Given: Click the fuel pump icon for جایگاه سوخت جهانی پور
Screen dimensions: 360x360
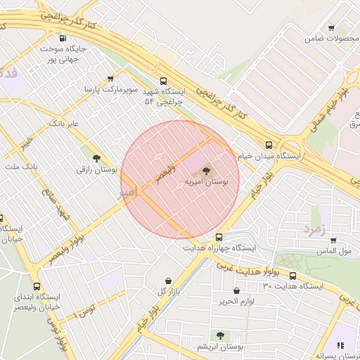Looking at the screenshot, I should click(63, 38).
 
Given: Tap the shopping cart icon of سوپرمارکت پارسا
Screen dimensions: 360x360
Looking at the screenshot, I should click(110, 78).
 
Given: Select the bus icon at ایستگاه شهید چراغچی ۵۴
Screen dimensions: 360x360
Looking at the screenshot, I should click(164, 81).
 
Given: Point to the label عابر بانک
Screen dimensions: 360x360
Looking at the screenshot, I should click(63, 123).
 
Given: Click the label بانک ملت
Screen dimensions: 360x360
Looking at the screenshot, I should click(20, 166).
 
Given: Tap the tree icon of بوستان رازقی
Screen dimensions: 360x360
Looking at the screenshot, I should click(96, 158).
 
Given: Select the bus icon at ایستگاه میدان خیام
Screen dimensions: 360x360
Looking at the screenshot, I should click(269, 144).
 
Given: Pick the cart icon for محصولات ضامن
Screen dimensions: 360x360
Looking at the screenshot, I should click(331, 28).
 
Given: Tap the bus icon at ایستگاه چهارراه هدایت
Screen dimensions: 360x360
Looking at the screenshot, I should click(219, 237).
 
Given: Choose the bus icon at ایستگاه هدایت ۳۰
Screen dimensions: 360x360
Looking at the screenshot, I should click(292, 276).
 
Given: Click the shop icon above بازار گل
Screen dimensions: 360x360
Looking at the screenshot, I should click(167, 280).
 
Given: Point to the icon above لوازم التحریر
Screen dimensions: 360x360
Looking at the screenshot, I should click(235, 290).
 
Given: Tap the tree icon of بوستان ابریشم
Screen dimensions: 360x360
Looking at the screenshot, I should click(220, 336).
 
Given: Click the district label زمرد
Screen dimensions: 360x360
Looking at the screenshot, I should click(316, 229).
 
